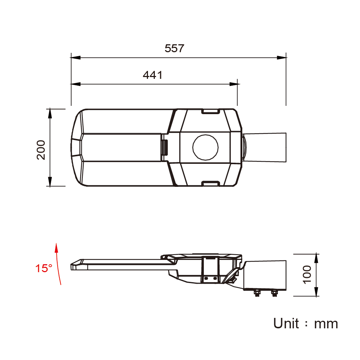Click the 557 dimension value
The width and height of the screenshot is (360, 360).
[x=174, y=49]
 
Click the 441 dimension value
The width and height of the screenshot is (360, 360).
[x=153, y=75]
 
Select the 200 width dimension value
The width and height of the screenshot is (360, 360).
[x=41, y=150]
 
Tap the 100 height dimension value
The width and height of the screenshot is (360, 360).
[x=307, y=275]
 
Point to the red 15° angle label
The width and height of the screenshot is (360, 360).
[x=44, y=268]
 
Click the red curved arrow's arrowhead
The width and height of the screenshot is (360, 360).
[x=56, y=248]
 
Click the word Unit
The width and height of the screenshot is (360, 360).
[x=286, y=323]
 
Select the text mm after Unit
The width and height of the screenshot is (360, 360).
[x=326, y=324]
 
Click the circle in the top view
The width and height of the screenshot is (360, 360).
[x=206, y=147]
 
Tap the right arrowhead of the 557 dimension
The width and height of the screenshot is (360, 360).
[x=282, y=58]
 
